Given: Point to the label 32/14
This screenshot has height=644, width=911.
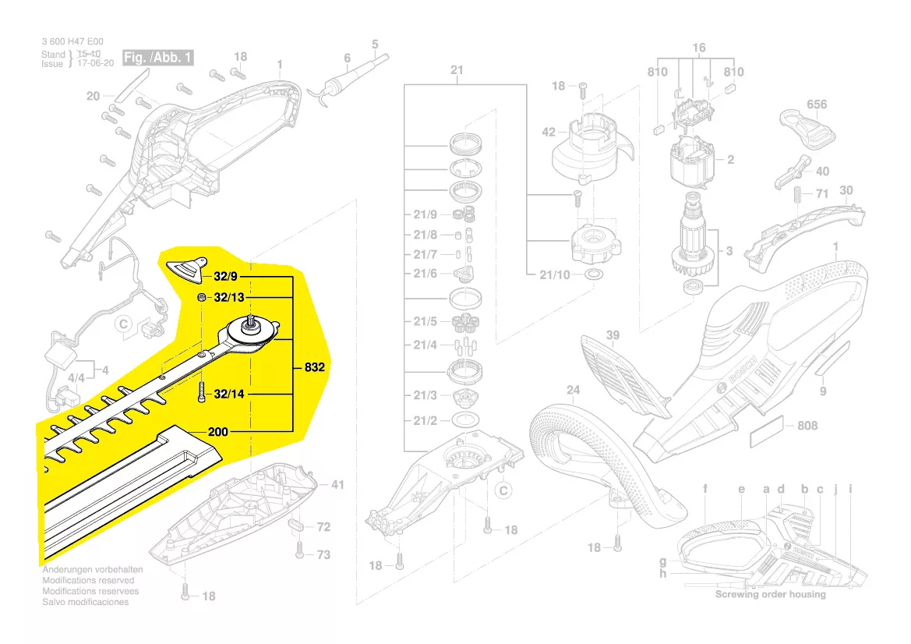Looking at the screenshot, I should point(229,395).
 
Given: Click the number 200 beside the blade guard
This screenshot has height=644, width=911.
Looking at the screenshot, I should point(218,431).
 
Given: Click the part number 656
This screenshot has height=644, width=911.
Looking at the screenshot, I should point(816,104).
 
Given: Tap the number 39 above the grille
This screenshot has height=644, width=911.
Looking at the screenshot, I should point(613,336).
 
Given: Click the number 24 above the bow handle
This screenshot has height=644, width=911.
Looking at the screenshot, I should point(573,390).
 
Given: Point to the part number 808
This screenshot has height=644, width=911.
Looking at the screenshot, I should point(807,426).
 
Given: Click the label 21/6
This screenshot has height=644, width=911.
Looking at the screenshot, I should point(425,274).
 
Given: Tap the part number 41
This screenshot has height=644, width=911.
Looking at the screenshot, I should point(337,485).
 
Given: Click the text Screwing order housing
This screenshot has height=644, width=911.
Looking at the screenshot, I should point(771,594).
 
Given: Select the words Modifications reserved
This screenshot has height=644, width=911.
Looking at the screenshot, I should point(88,581).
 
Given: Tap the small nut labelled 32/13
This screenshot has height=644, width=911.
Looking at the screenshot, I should point(200,299).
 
